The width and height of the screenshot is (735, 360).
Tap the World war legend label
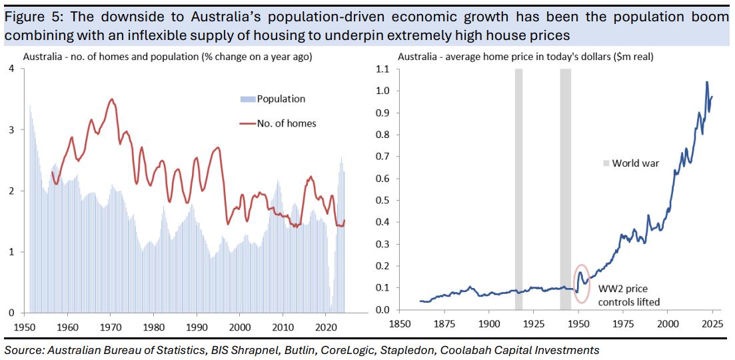pyautogui.click(x=635, y=163)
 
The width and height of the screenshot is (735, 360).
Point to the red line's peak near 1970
pyautogui.click(x=112, y=99)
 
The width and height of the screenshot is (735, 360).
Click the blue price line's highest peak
pyautogui.click(x=706, y=83)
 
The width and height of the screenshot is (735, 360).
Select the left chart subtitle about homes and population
pyautogui.click(x=167, y=57)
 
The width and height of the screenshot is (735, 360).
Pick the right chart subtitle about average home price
pyautogui.click(x=525, y=57)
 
